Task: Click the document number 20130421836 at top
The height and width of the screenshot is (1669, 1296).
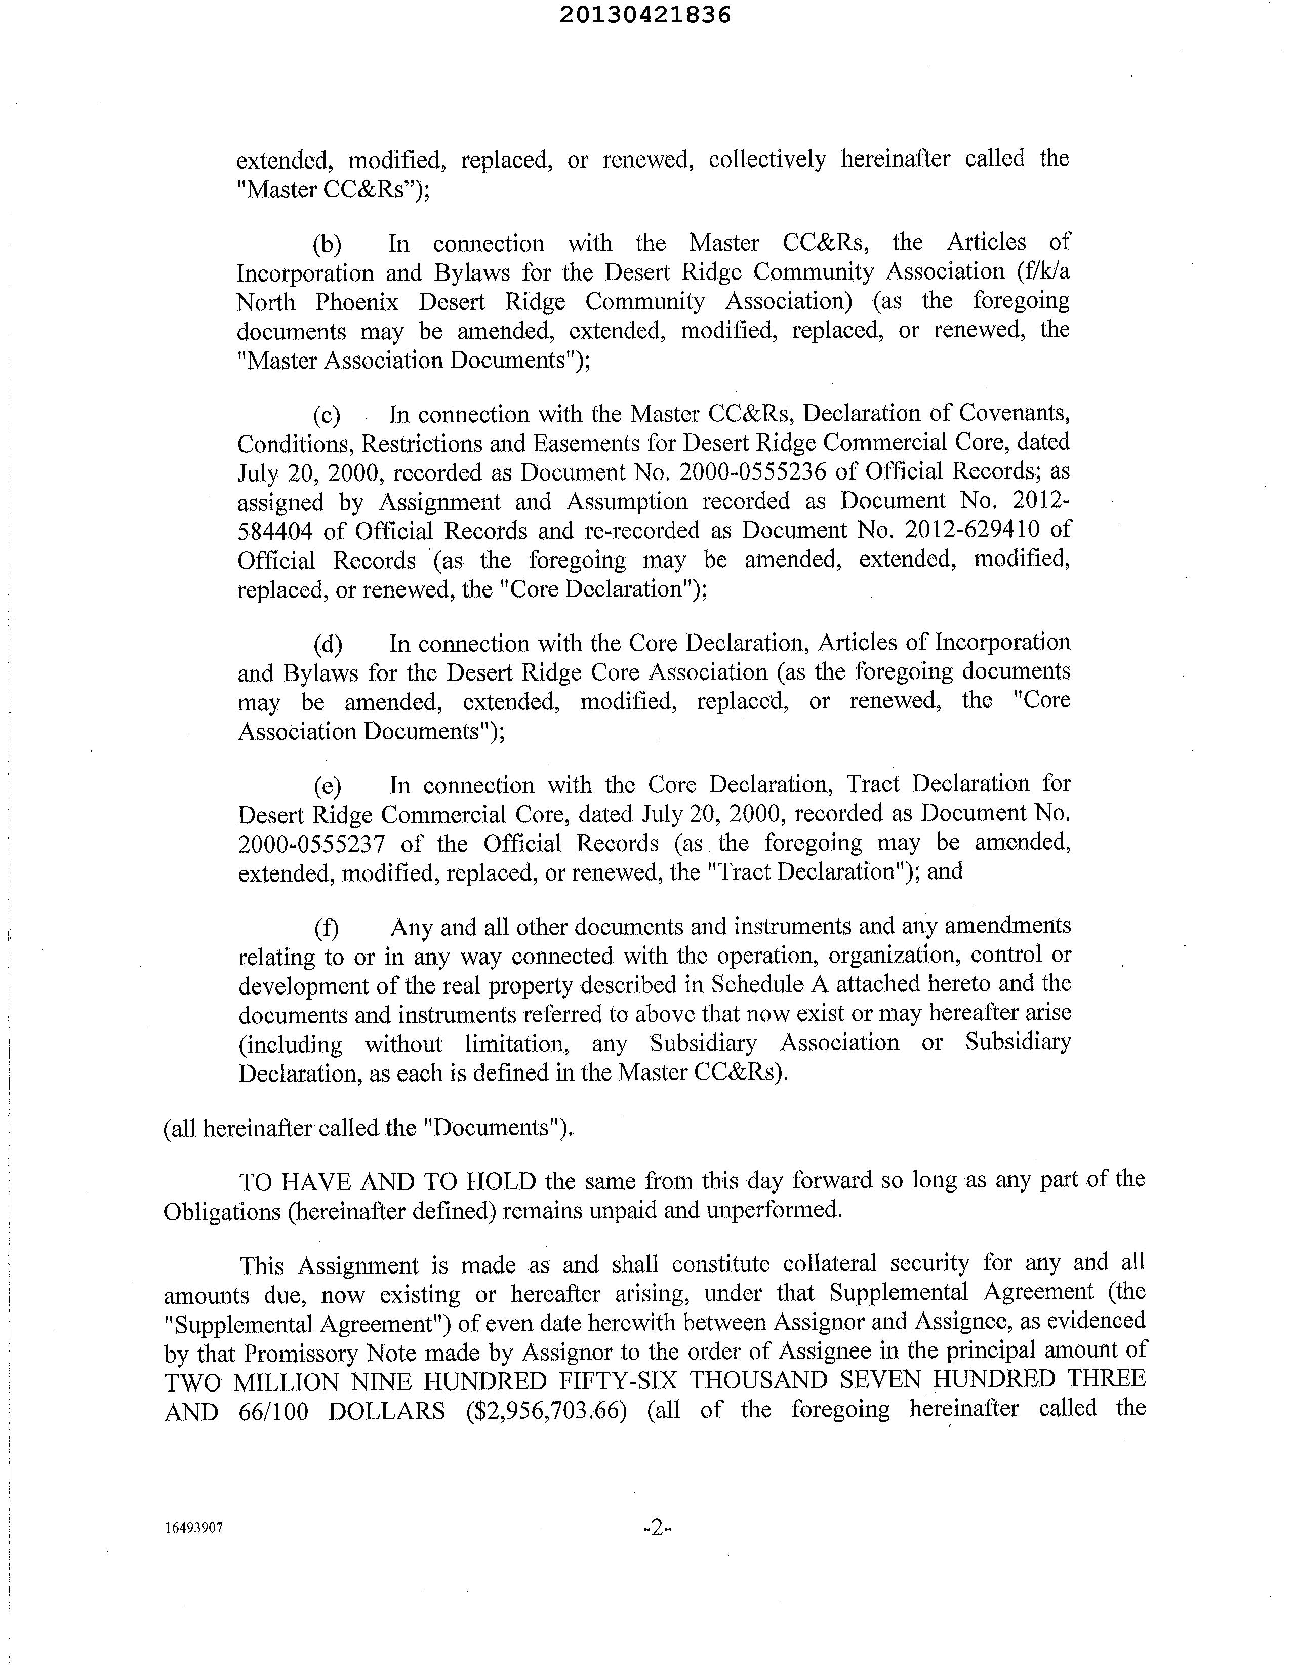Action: (645, 15)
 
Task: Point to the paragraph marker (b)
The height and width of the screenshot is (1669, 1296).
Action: (327, 245)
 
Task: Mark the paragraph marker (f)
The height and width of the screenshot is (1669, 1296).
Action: (327, 928)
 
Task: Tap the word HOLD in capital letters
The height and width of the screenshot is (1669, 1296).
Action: (501, 1182)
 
